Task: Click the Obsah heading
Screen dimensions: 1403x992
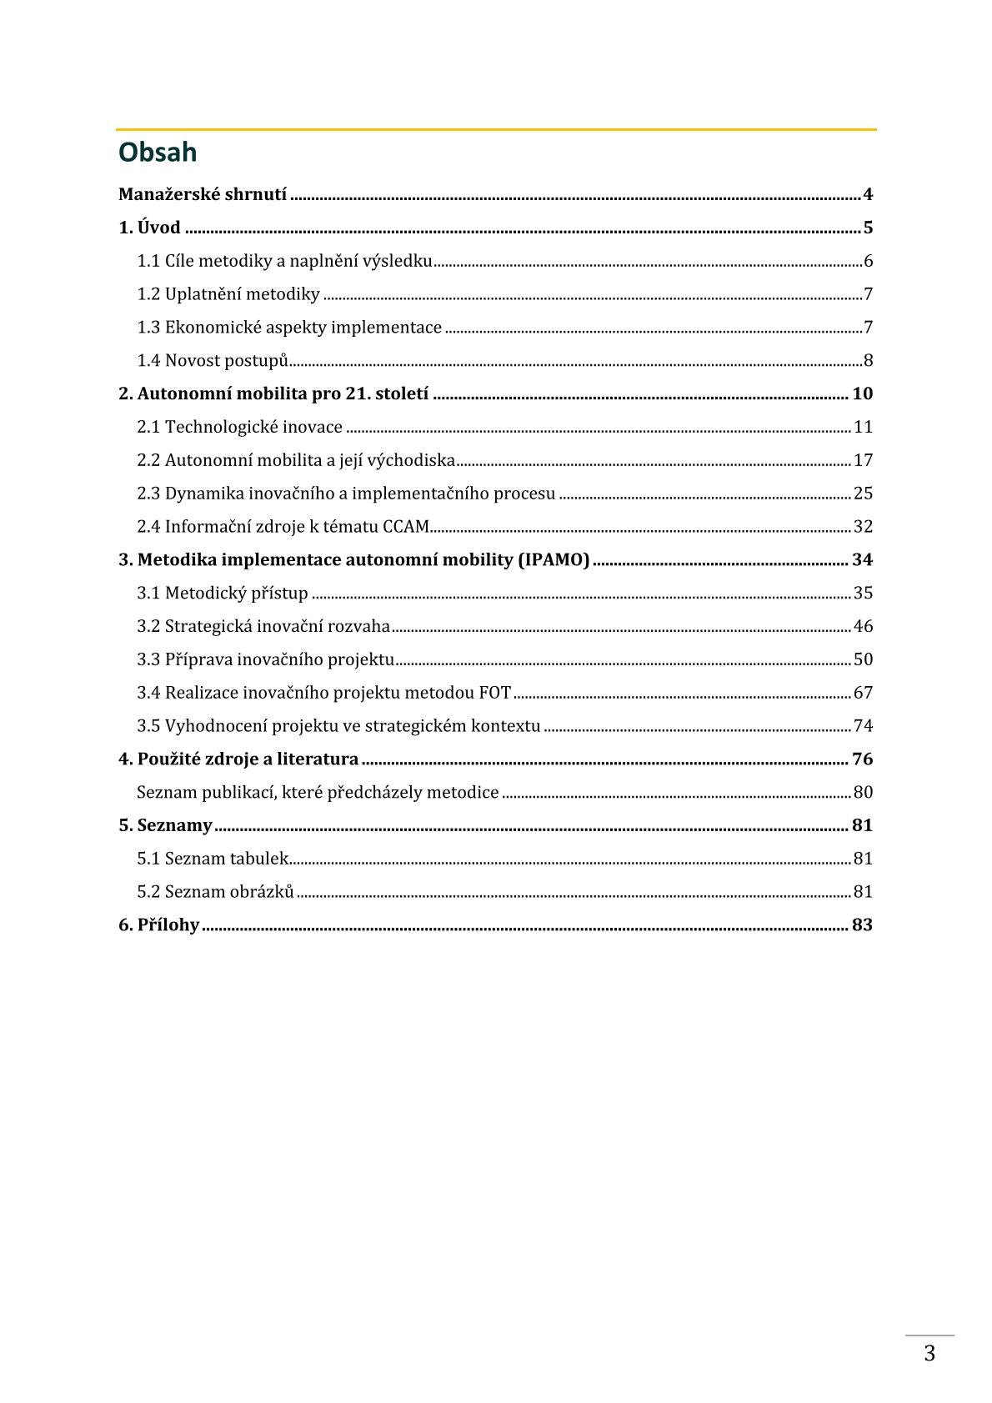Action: pyautogui.click(x=158, y=153)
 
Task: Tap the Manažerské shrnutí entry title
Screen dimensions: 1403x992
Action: pyautogui.click(x=203, y=195)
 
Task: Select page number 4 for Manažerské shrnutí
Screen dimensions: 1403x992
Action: pyautogui.click(x=868, y=195)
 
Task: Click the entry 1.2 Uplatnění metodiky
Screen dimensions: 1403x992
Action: pyautogui.click(x=228, y=294)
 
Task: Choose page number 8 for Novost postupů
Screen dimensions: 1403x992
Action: pyautogui.click(x=868, y=361)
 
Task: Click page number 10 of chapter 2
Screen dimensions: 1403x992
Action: pyautogui.click(x=862, y=393)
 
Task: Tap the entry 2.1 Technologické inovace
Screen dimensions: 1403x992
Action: pyautogui.click(x=239, y=427)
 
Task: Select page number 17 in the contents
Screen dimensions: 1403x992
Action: pyautogui.click(x=863, y=460)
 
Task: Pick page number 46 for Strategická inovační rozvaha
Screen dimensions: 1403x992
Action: pyautogui.click(x=863, y=626)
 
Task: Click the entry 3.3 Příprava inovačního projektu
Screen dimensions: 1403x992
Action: pyautogui.click(x=265, y=659)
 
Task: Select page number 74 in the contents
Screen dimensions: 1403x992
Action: pyautogui.click(x=863, y=726)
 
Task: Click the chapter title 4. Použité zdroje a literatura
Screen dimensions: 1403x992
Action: pyautogui.click(x=238, y=759)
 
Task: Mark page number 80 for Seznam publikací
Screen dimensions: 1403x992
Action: pyautogui.click(x=863, y=793)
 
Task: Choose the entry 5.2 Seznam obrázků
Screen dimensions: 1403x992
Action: pyautogui.click(x=215, y=892)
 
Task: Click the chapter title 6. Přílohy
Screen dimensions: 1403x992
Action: pyautogui.click(x=158, y=925)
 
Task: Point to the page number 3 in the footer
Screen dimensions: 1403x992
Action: pyautogui.click(x=929, y=1354)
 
